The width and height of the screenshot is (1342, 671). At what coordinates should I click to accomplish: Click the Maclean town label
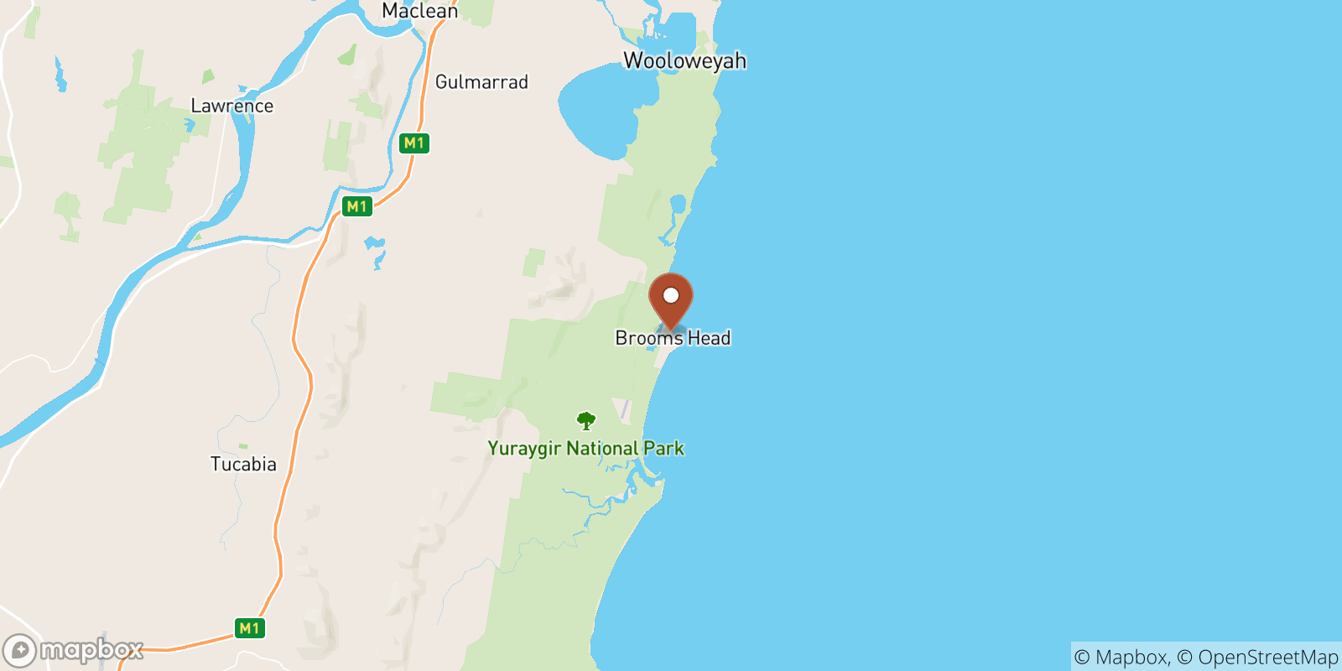[x=419, y=11]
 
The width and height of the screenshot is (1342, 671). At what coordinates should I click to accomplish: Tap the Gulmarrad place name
[x=481, y=82]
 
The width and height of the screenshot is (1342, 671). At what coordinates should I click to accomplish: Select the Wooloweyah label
[x=684, y=60]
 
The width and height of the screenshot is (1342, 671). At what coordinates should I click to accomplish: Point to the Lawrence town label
[x=231, y=106]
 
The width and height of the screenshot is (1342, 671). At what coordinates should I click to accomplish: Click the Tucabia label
[x=243, y=464]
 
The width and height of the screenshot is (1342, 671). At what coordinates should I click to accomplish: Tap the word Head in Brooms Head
[x=710, y=338]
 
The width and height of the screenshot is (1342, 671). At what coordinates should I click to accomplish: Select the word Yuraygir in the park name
[x=524, y=449]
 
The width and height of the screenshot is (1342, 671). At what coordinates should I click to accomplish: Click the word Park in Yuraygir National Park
[x=664, y=449]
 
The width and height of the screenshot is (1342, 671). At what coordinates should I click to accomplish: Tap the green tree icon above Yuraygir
[x=586, y=420]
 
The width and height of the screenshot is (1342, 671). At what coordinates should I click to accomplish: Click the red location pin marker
[x=671, y=299]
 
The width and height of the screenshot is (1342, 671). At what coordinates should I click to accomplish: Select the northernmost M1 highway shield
[x=414, y=143]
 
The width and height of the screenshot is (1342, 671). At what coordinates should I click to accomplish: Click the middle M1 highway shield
[x=356, y=206]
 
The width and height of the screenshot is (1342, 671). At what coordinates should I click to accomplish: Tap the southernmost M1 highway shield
[x=249, y=628]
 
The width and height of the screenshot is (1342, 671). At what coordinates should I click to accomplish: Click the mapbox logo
[x=74, y=650]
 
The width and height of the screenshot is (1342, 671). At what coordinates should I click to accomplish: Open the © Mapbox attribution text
[x=1121, y=658]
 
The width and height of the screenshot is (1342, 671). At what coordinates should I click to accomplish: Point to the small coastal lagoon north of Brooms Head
[x=678, y=204]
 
